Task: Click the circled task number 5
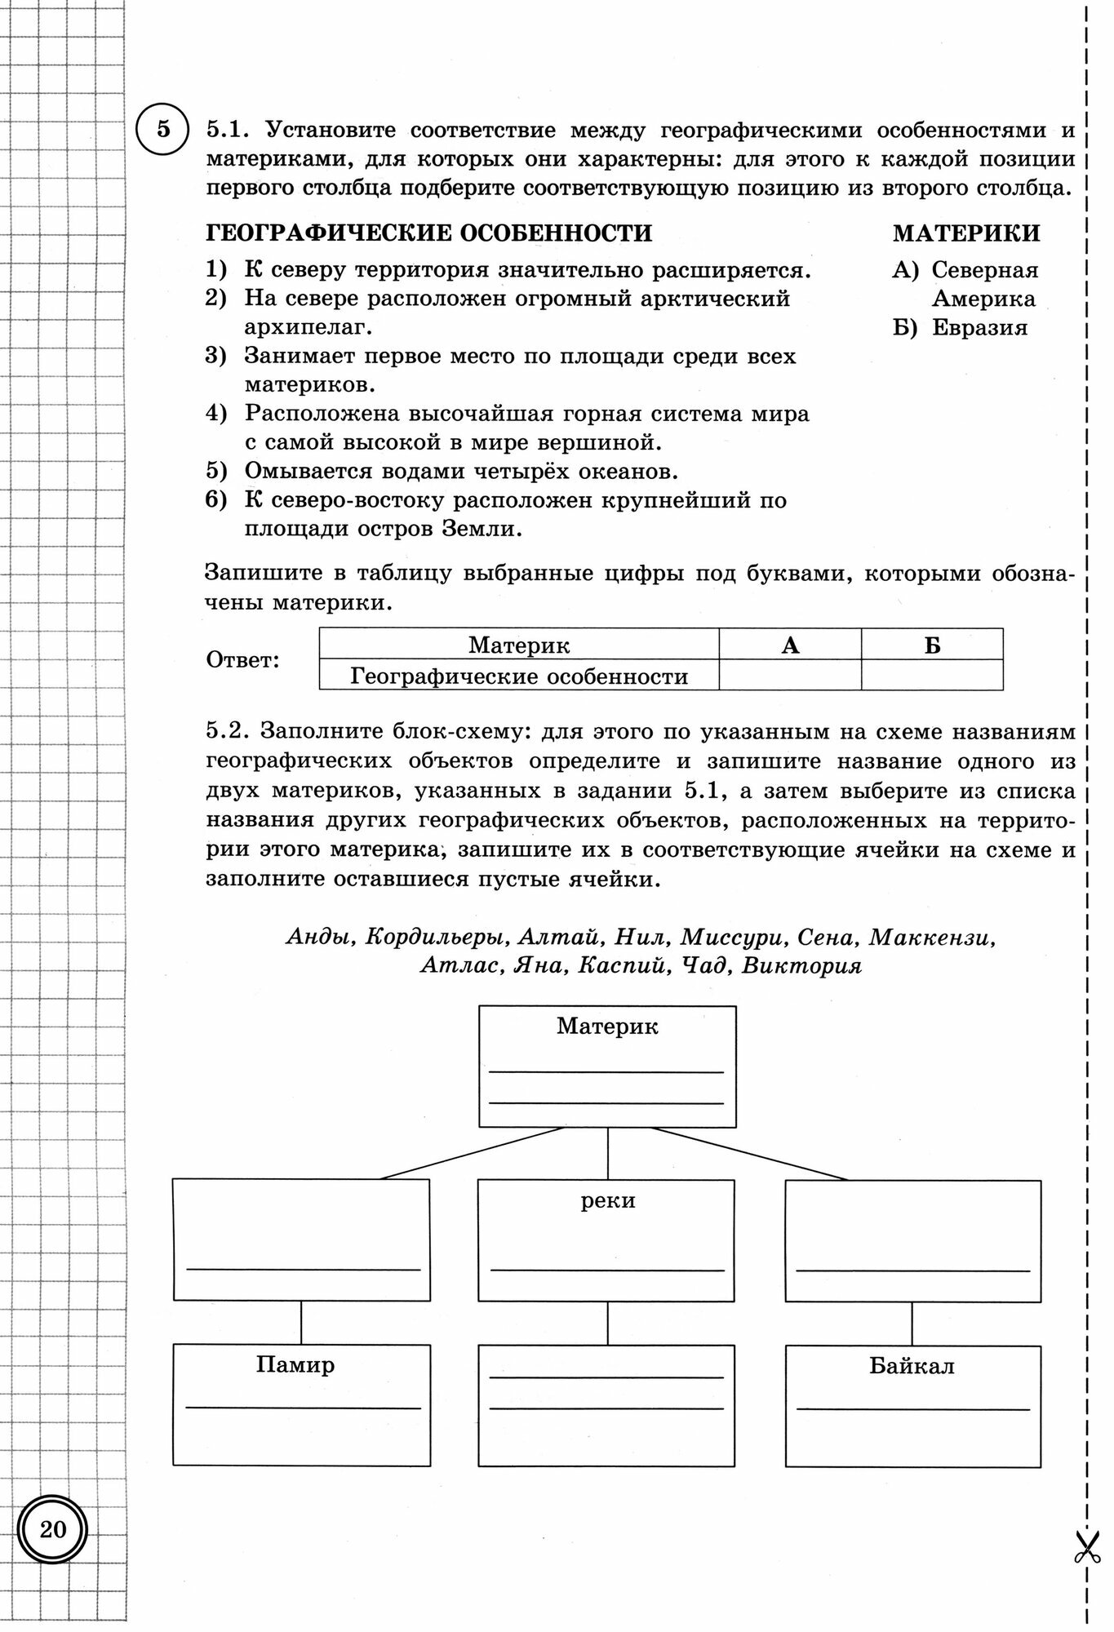[x=163, y=130]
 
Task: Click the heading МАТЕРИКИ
[x=966, y=233]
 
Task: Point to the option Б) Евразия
[x=961, y=327]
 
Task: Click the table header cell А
[x=789, y=645]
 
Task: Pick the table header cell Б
[x=932, y=645]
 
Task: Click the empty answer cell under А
[x=789, y=676]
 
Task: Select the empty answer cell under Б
[x=932, y=676]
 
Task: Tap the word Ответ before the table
[x=242, y=659]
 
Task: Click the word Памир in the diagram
[x=295, y=1364]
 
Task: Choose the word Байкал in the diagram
[x=912, y=1365]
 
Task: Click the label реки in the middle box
[x=607, y=1200]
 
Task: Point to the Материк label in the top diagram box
[x=607, y=1026]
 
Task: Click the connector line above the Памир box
[x=301, y=1322]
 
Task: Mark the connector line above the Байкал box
[x=912, y=1322]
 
